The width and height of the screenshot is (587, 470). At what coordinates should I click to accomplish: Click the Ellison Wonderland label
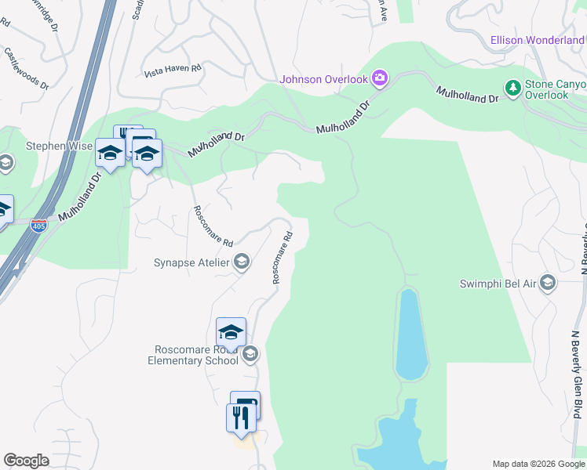(537, 40)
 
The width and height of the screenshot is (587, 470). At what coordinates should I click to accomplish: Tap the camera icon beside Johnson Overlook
(380, 78)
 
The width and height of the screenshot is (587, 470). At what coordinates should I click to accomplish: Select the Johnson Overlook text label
(324, 78)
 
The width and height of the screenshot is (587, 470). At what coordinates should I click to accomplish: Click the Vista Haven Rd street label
(173, 70)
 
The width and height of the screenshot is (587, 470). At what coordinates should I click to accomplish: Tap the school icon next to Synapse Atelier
(242, 262)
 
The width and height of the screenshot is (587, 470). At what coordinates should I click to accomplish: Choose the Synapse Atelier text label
(191, 262)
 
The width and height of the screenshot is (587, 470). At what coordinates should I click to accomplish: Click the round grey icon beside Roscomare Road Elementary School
(250, 355)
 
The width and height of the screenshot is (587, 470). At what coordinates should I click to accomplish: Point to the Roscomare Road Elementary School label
(193, 355)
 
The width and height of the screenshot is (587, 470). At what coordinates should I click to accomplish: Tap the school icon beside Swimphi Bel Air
(548, 283)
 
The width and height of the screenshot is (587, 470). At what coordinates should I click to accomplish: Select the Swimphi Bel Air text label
(498, 283)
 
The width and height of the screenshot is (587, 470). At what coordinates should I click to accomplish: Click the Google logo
(26, 461)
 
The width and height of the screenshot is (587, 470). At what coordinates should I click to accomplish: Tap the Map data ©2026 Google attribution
(537, 464)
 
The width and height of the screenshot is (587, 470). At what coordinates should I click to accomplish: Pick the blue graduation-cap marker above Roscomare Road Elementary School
(231, 332)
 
